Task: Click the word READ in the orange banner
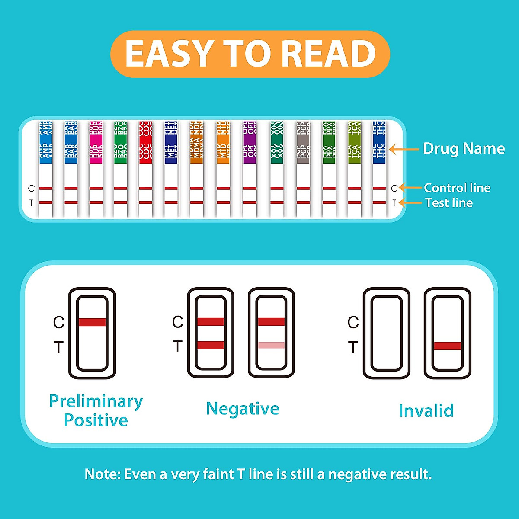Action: (331, 54)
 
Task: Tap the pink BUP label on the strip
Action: (96, 143)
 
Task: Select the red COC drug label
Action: (145, 143)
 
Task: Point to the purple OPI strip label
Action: (249, 143)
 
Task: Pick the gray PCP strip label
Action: (303, 143)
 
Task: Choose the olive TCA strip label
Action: (354, 143)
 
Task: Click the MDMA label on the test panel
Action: (196, 143)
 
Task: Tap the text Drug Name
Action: (464, 149)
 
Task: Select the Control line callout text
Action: (457, 188)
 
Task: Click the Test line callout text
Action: (449, 203)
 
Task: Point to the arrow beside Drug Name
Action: (404, 150)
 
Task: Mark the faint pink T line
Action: (271, 345)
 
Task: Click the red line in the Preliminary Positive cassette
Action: (92, 322)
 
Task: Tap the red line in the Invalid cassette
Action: (448, 346)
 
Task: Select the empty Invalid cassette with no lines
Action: (386, 333)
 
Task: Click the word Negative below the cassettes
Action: (242, 409)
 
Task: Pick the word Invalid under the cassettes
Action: (426, 411)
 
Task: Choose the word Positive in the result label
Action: (96, 420)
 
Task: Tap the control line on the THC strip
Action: (379, 188)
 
